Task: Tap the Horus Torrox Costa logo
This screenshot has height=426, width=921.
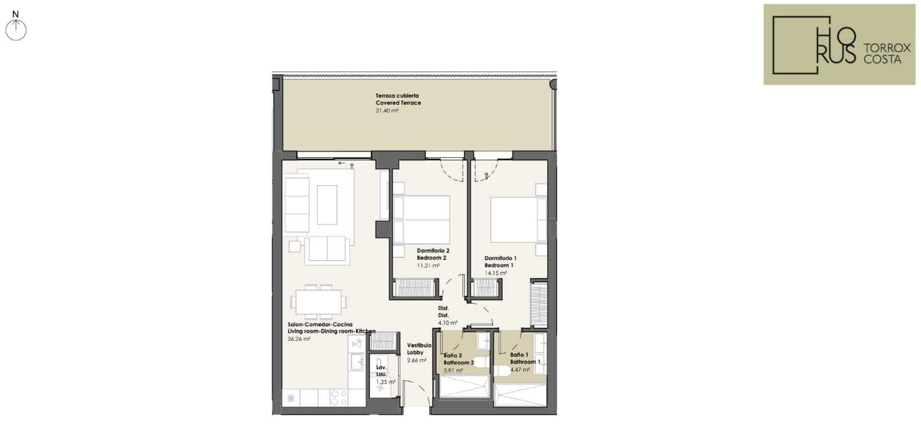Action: (839, 44)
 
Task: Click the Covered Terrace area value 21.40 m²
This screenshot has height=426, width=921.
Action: (387, 111)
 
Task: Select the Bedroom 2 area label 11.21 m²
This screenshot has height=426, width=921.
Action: (428, 266)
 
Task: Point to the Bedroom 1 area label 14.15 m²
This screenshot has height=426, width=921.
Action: (496, 273)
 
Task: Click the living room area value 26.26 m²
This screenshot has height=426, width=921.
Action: (299, 339)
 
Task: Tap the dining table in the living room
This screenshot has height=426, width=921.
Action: (319, 302)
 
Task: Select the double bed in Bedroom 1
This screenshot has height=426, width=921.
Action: (519, 220)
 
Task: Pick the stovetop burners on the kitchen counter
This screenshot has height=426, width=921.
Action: (339, 398)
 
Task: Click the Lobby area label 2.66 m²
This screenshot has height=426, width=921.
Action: (416, 360)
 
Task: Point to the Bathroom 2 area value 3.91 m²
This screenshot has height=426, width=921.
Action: (453, 370)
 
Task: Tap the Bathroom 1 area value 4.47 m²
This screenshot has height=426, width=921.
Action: (520, 370)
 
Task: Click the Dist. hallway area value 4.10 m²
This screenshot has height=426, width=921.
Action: (448, 323)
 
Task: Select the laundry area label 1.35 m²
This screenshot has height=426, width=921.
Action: (386, 382)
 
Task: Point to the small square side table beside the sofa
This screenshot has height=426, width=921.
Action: (295, 246)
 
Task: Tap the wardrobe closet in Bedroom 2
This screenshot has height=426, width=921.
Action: (415, 288)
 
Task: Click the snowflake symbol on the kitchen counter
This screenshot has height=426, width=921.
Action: (291, 398)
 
